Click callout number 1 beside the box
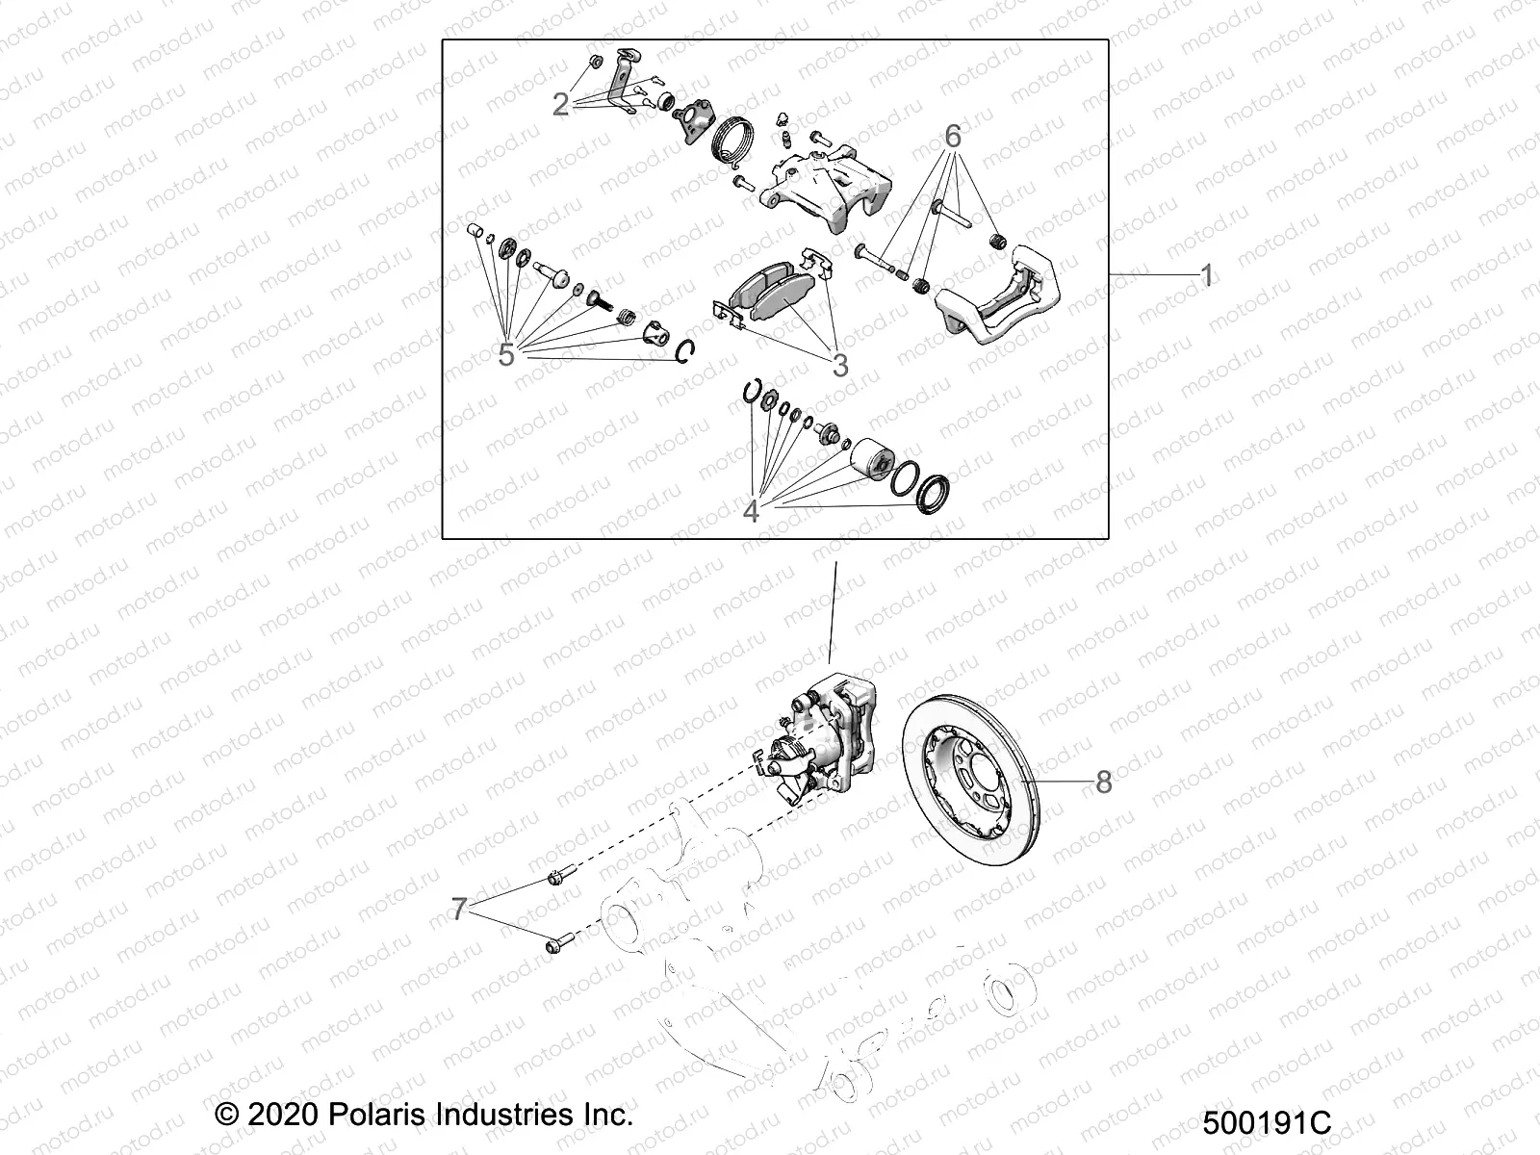click(x=1206, y=277)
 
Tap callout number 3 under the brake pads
click(x=839, y=366)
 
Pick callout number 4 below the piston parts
click(x=751, y=511)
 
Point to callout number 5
click(x=507, y=355)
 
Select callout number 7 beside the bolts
click(x=459, y=909)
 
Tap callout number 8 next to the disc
click(x=1103, y=782)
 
